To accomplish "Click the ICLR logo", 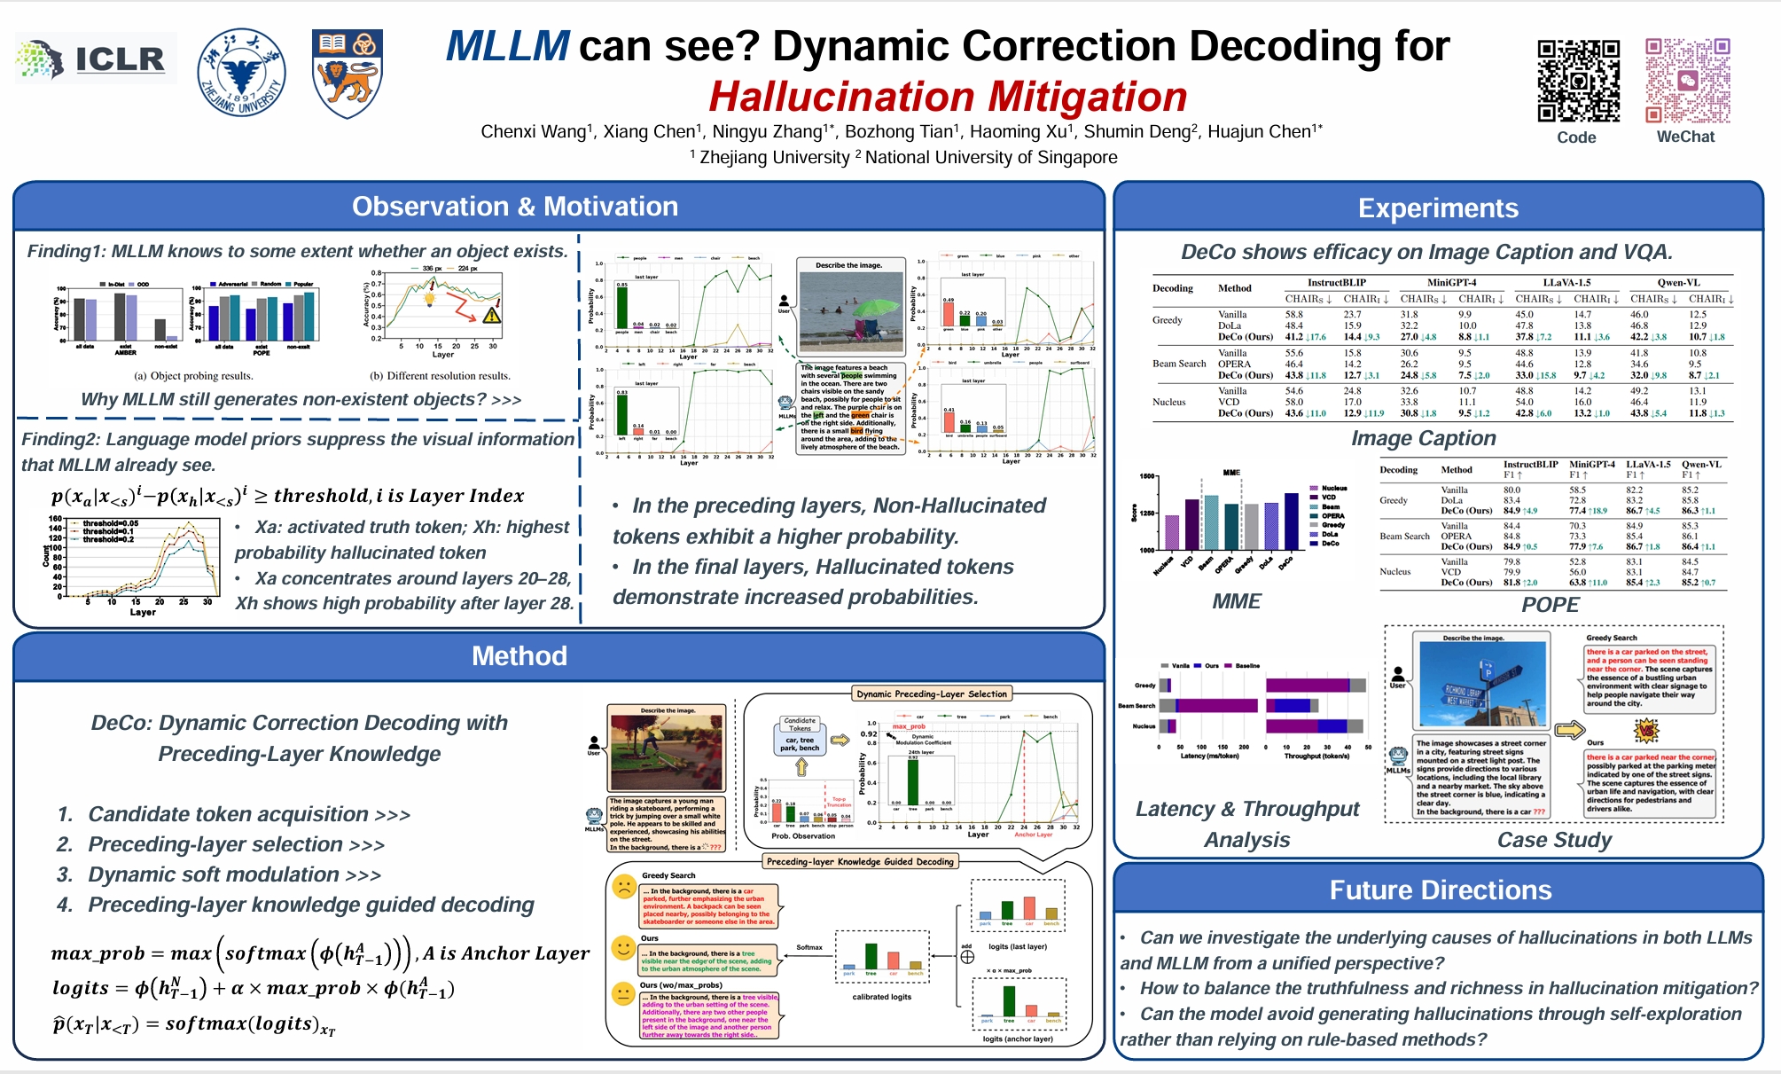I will click(x=95, y=59).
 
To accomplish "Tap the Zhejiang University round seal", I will click(x=241, y=73).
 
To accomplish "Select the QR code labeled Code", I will click(x=1578, y=81).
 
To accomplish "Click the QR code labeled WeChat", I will click(x=1687, y=81).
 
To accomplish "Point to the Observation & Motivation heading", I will click(x=514, y=207).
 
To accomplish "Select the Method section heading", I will click(x=519, y=655).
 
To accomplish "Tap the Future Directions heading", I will click(x=1440, y=890).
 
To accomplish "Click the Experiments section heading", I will click(x=1437, y=208).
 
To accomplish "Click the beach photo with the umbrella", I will click(x=849, y=312).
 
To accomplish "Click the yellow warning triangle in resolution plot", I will click(x=492, y=315).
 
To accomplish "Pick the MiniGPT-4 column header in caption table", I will click(x=1451, y=282).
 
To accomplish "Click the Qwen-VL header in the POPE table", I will click(x=1701, y=464).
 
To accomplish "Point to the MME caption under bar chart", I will click(x=1236, y=601).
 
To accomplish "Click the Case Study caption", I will click(x=1553, y=839).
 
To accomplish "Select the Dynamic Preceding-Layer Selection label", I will click(x=931, y=694).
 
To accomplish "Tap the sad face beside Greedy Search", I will click(x=624, y=886).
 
